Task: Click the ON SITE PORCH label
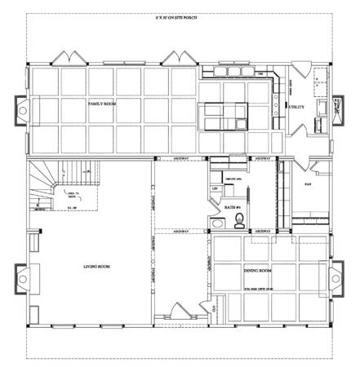tap(181, 17)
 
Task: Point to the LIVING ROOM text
tap(97, 266)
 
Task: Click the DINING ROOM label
tap(257, 269)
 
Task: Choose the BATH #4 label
tap(230, 208)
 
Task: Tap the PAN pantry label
tap(307, 184)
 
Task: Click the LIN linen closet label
tap(215, 189)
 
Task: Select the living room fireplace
tap(19, 281)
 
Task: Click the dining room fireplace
tap(339, 281)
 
